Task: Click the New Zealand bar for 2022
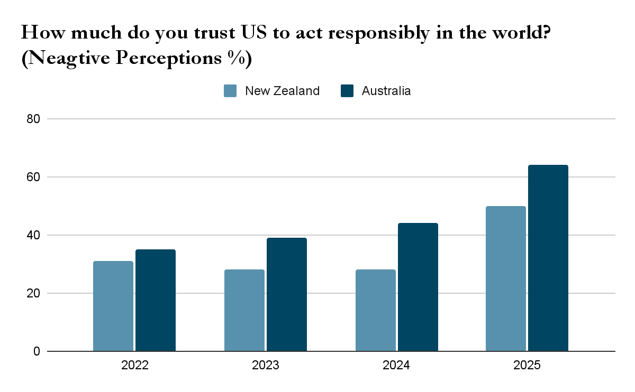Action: point(113,306)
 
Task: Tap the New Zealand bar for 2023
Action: point(244,310)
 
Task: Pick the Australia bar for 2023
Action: point(287,294)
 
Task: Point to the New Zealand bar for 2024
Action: point(376,310)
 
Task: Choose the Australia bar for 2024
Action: point(418,287)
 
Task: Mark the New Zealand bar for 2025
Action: point(506,278)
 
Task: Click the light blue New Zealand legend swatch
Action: point(230,91)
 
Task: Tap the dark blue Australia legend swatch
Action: point(347,91)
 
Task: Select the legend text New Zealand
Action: point(282,91)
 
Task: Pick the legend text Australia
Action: point(386,91)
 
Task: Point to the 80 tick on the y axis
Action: point(33,119)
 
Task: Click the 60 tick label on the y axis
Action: point(33,177)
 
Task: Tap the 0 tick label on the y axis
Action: point(37,351)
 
